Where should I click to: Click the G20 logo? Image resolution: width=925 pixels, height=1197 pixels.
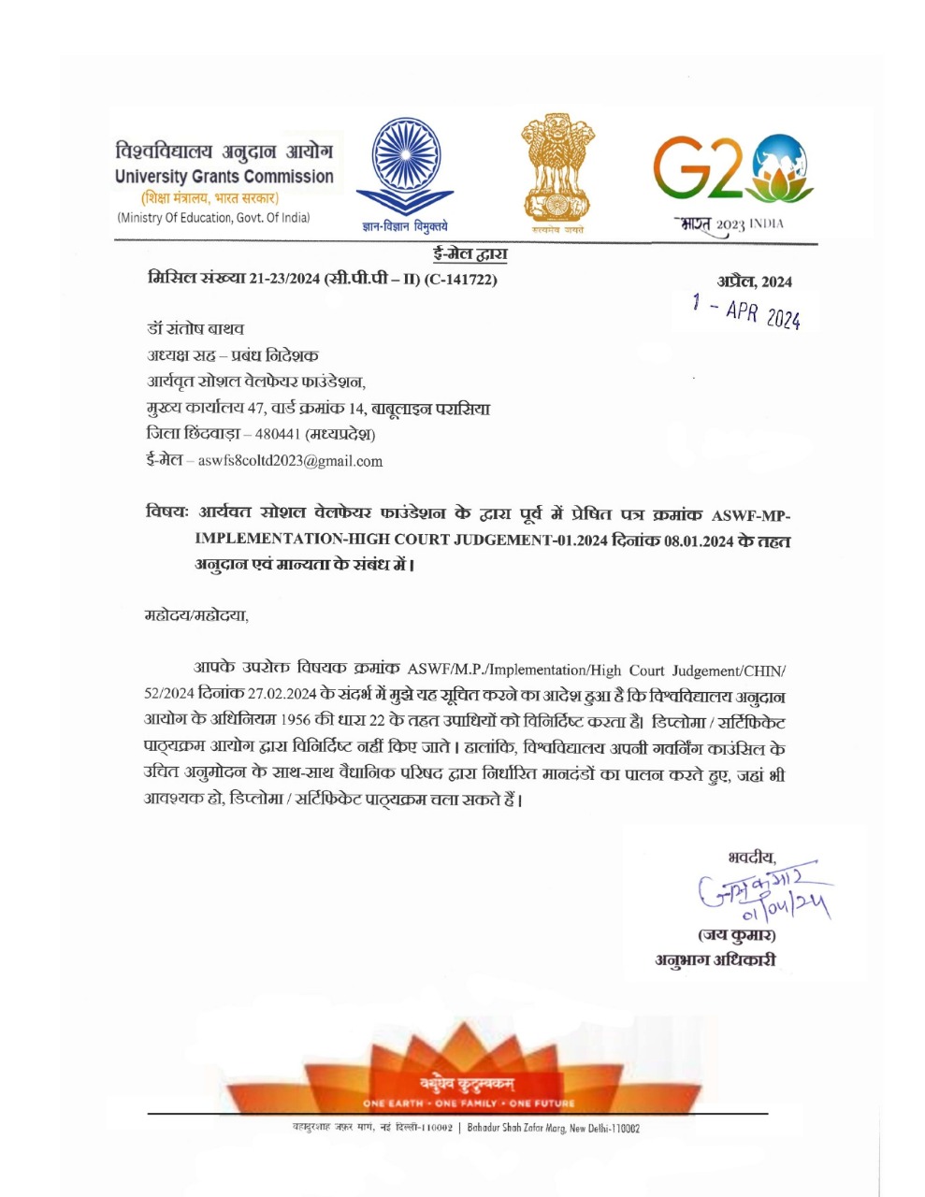coord(730,173)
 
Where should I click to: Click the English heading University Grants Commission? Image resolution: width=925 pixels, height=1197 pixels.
coord(224,176)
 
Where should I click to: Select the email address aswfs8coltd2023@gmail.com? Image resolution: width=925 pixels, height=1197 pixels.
coord(290,461)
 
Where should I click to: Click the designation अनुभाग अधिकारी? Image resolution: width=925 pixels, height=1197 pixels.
coord(715,960)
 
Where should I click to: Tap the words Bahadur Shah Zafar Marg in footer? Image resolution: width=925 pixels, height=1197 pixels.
coord(525,1129)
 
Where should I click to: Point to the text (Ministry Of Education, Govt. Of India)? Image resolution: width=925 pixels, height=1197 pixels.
coord(213,218)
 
